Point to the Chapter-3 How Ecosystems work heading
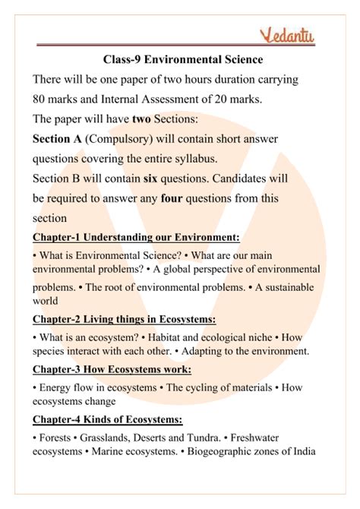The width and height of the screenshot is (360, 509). coord(112,370)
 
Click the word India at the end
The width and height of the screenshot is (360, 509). coord(301,452)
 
